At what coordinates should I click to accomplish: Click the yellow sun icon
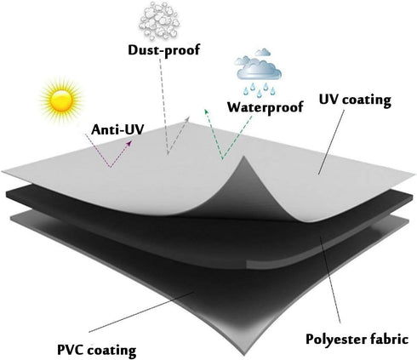point(61,100)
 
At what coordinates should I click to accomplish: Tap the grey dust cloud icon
point(160,20)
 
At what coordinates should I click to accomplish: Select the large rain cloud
point(259,68)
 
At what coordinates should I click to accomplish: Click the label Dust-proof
point(164,50)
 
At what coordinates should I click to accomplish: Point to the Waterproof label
point(266,107)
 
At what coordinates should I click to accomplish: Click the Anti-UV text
point(117,129)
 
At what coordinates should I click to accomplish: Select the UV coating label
point(355,100)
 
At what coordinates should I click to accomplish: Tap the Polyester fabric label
point(357,339)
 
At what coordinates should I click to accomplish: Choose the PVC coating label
point(97,351)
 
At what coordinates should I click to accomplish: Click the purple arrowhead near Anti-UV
point(129,143)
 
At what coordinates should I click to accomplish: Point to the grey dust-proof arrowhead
point(186,118)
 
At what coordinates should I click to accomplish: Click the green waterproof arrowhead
point(207,111)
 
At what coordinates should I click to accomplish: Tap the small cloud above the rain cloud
point(263,53)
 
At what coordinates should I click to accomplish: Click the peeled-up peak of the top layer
point(244,157)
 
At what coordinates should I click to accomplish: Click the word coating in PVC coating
point(111,351)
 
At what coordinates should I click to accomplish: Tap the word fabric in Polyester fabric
point(390,339)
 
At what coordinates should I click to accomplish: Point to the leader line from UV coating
point(331,142)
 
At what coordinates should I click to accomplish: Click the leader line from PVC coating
point(141,311)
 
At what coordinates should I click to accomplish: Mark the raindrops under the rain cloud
point(260,89)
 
